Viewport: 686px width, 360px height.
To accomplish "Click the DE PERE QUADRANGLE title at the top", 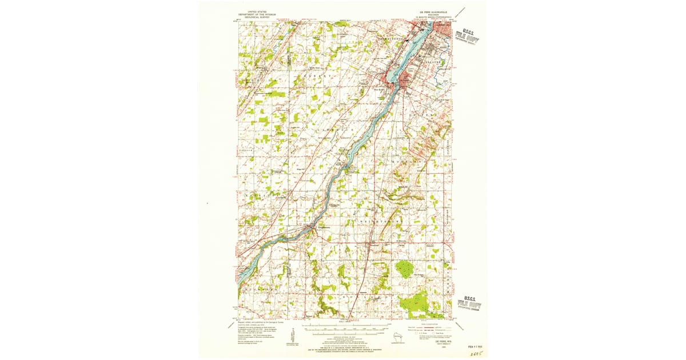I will pos(428,11).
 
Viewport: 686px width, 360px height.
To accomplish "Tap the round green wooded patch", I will pos(405,268).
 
